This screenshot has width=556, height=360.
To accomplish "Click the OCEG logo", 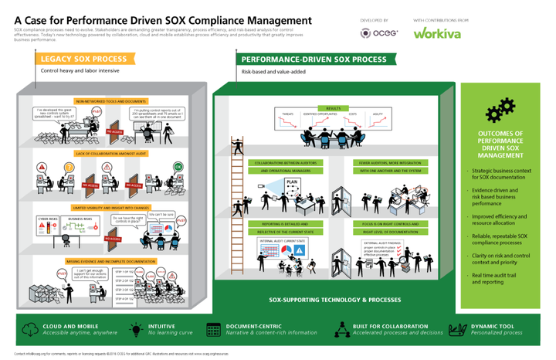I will click(x=375, y=33).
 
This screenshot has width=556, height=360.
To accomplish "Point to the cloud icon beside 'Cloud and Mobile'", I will click(x=28, y=328).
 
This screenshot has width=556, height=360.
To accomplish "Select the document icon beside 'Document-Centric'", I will click(x=213, y=328).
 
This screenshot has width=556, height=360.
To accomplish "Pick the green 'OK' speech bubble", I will click(x=178, y=166).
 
